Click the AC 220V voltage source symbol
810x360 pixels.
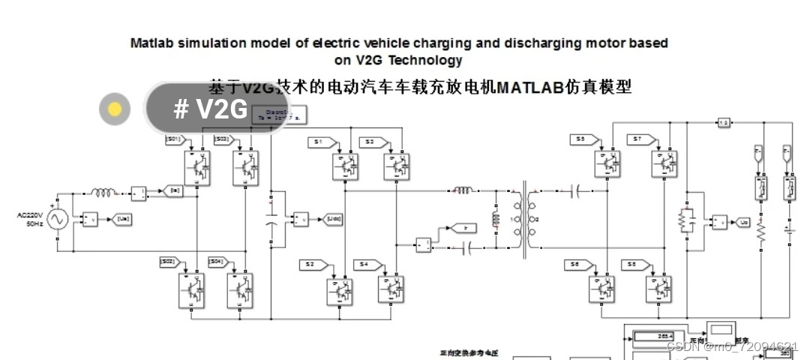click(x=57, y=219)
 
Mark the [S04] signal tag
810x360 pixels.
click(x=216, y=261)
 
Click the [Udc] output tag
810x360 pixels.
click(x=334, y=218)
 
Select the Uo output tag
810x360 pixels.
click(x=743, y=222)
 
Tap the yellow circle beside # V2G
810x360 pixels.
click(x=114, y=109)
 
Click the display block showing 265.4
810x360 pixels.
click(x=654, y=337)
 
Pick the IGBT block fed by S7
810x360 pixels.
click(x=663, y=164)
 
